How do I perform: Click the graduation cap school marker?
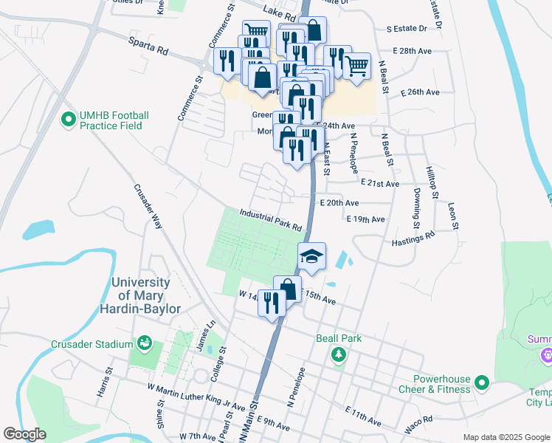click(x=311, y=256)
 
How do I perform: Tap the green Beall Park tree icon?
click(x=339, y=355)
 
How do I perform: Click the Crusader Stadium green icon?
click(x=145, y=343)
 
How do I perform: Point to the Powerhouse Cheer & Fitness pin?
click(x=482, y=382)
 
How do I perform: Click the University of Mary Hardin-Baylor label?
click(x=146, y=295)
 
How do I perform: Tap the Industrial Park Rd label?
click(x=271, y=219)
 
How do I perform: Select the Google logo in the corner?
click(x=24, y=434)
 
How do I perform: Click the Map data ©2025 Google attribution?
click(x=506, y=437)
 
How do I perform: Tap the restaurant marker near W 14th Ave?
click(x=272, y=303)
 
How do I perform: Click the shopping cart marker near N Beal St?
click(x=356, y=66)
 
